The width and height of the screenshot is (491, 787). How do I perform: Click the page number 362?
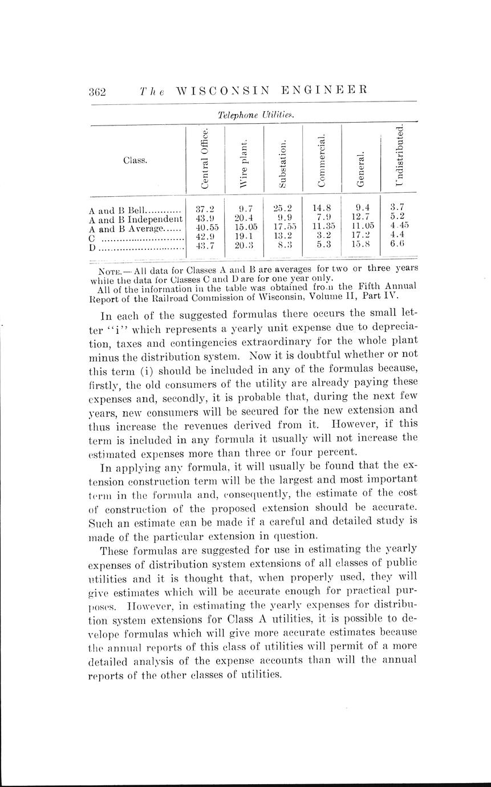[98, 91]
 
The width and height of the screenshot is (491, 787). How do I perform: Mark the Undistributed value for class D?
[398, 246]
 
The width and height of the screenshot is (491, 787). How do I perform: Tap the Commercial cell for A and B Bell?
[322, 209]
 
